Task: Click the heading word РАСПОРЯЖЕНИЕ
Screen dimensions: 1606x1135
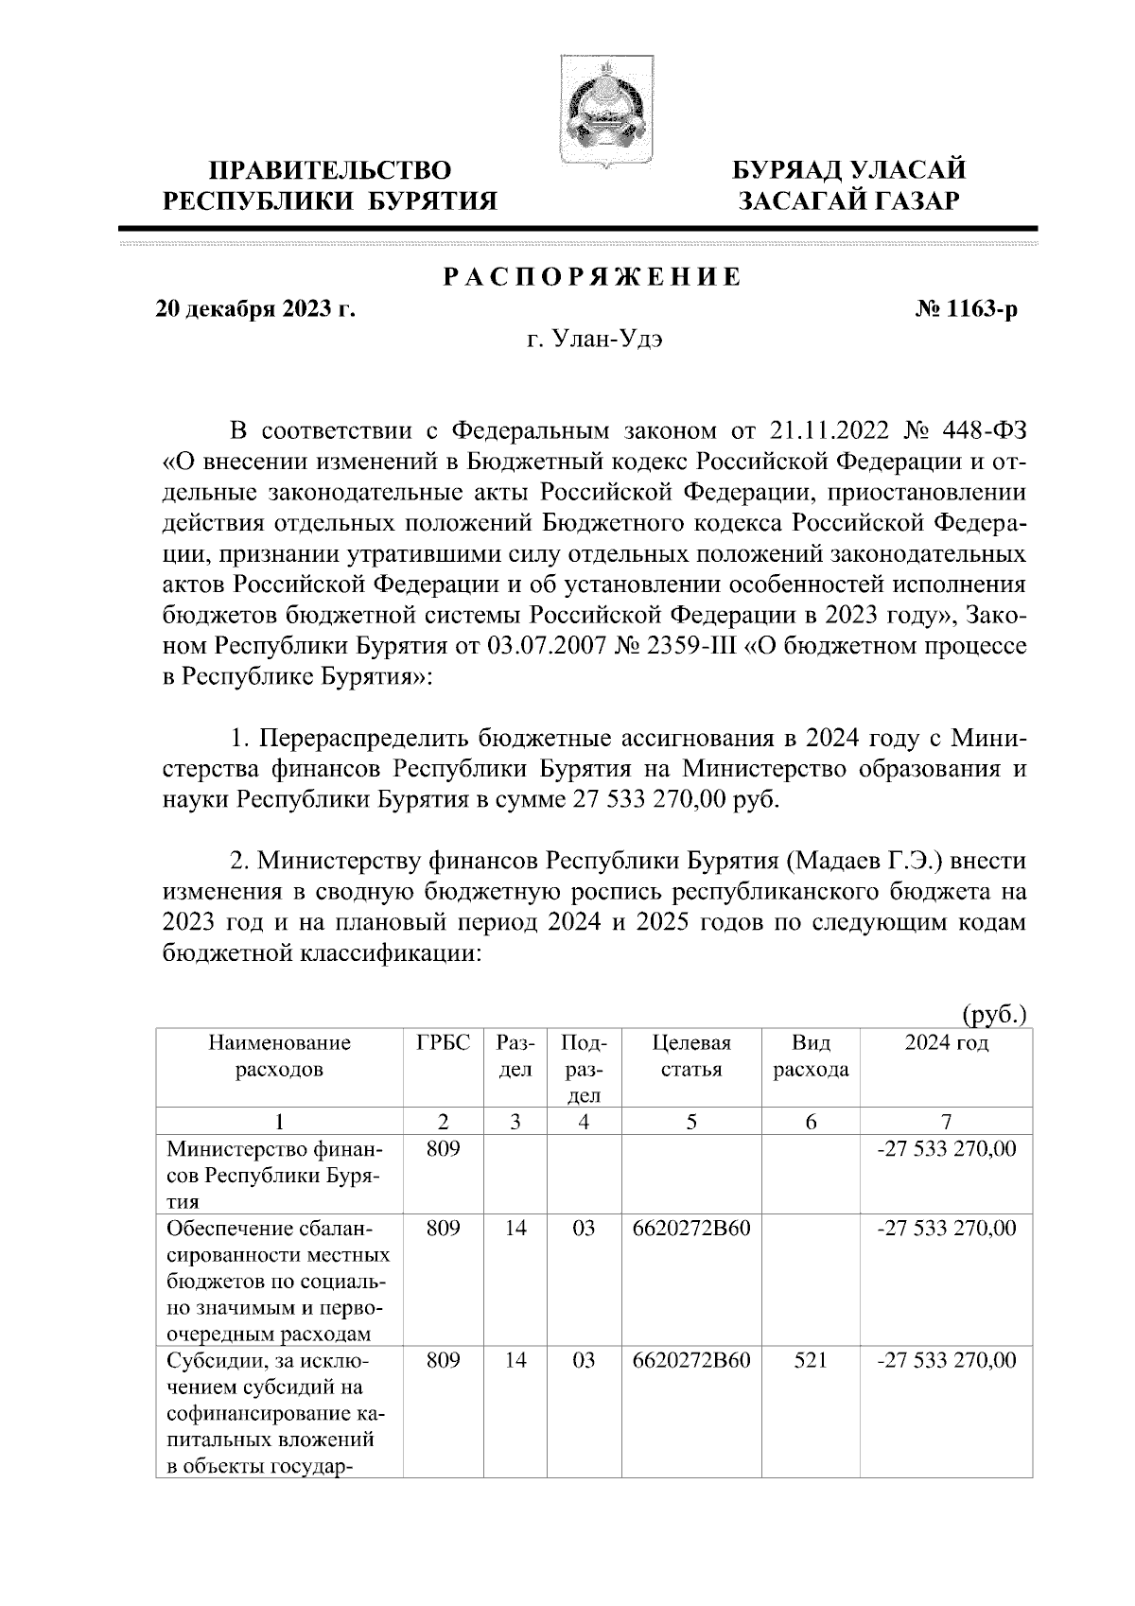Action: [x=592, y=278]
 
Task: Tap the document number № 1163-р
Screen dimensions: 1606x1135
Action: [x=967, y=308]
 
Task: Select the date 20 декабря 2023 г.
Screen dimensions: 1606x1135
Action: [x=255, y=308]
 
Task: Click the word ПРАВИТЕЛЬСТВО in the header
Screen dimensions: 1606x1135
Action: [x=330, y=171]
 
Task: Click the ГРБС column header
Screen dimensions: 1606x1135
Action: [x=443, y=1043]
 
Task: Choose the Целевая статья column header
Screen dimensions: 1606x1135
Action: [x=691, y=1056]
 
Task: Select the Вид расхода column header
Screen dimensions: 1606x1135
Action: [x=811, y=1056]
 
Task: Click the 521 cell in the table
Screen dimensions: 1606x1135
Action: [x=811, y=1361]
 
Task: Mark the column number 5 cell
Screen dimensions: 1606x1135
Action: [x=691, y=1122]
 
